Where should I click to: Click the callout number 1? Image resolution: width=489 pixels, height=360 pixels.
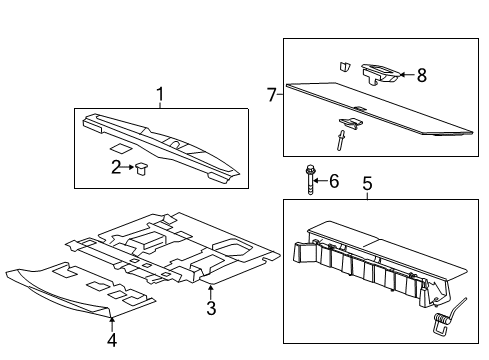[x=158, y=96]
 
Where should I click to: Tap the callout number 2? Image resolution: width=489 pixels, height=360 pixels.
[x=116, y=165]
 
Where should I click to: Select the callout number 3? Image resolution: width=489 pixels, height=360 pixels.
[x=211, y=309]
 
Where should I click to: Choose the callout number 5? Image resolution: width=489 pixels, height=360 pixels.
[x=367, y=184]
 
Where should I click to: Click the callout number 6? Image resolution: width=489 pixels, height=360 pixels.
[x=334, y=180]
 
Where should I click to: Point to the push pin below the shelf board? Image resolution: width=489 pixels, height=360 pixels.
[x=345, y=130]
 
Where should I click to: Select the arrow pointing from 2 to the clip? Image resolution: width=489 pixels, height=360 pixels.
[x=128, y=166]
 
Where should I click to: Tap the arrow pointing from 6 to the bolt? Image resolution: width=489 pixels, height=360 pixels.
[x=323, y=180]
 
